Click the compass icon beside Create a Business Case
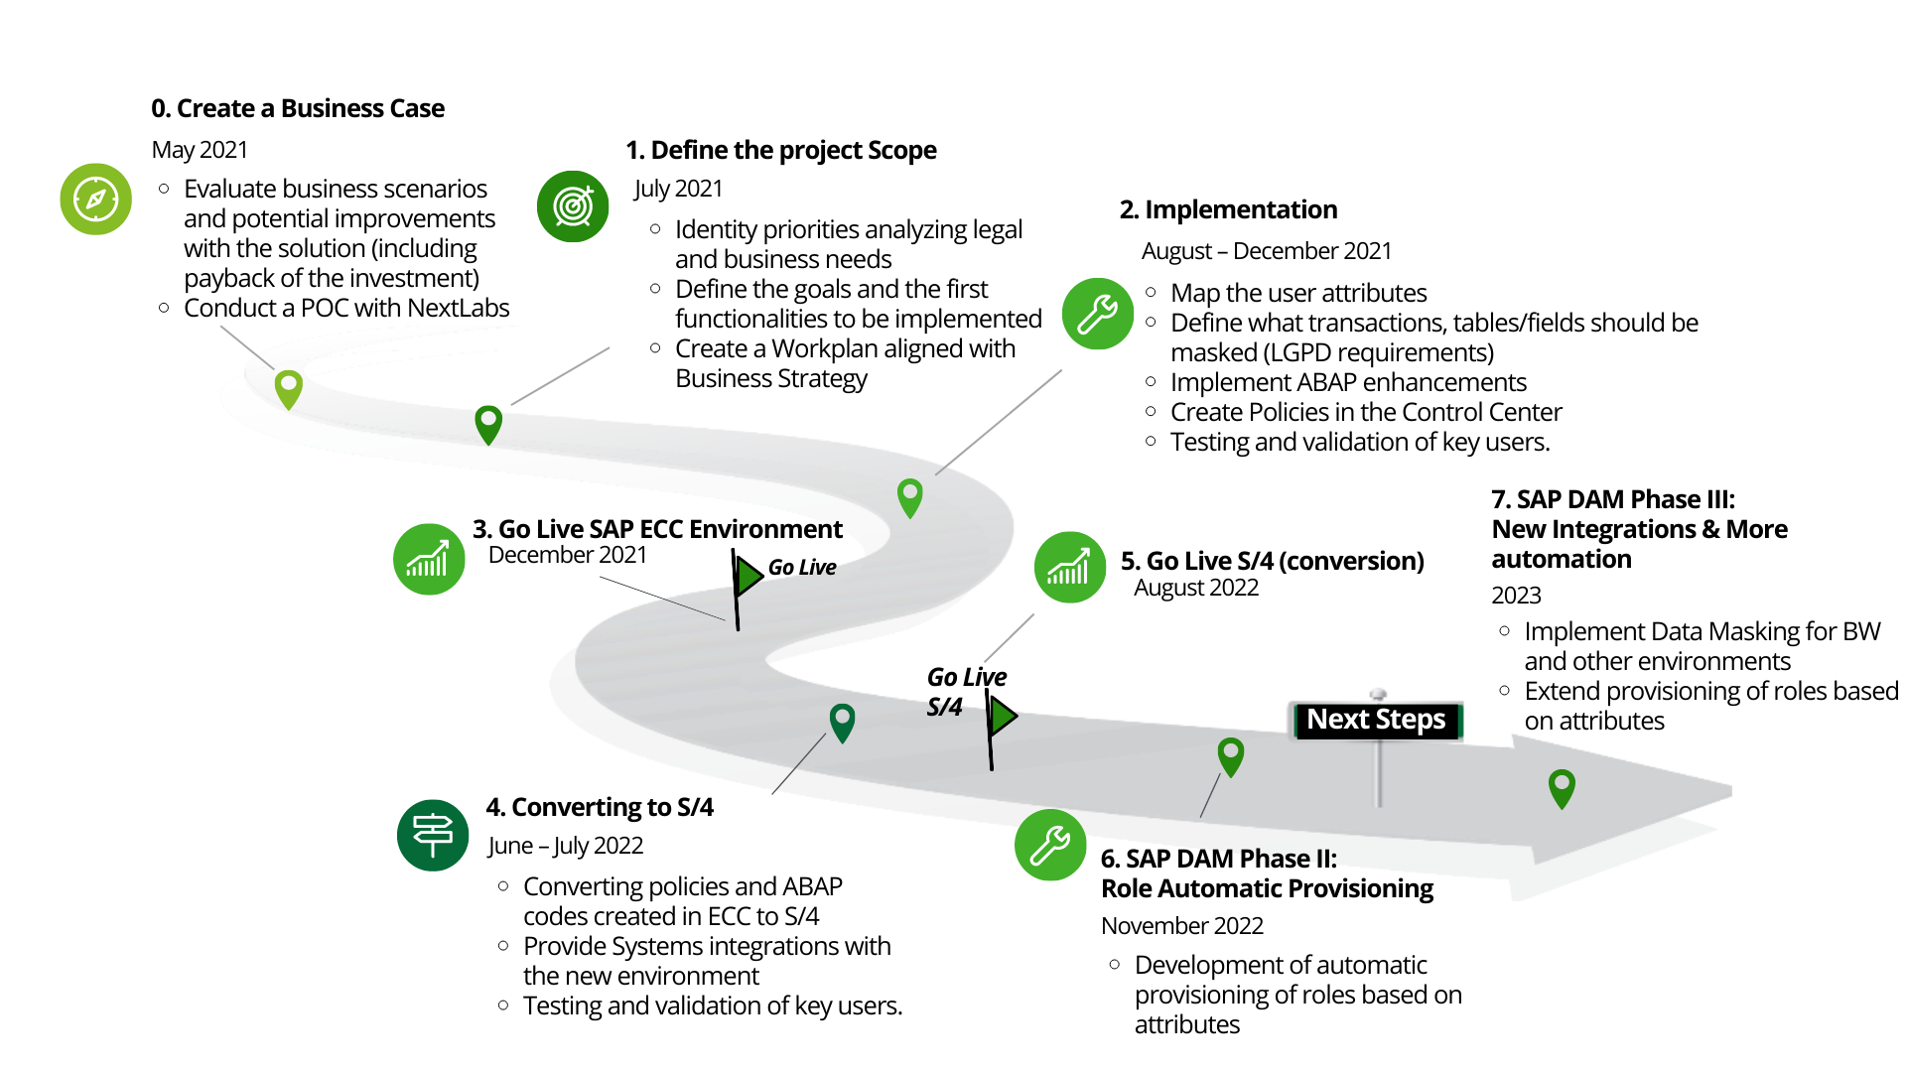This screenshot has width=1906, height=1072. coord(96,200)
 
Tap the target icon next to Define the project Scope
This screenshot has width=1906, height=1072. coord(573,206)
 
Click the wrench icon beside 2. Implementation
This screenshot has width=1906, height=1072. coord(1097,314)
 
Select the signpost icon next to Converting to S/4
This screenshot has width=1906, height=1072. coord(433,835)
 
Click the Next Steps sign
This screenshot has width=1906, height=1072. coord(1376,720)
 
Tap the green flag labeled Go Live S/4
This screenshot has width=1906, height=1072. coord(1003,716)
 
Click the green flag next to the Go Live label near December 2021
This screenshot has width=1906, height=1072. coord(749,577)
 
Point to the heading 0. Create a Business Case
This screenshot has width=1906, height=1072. coord(298,108)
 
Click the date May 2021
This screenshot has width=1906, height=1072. coord(200,150)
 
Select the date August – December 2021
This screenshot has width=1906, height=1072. coord(1266,251)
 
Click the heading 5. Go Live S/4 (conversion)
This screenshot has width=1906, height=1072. coord(1272,561)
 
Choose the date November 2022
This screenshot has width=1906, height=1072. coord(1181,926)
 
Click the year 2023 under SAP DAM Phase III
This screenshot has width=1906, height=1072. coord(1516,596)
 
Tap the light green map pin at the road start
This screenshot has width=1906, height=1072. coord(288,388)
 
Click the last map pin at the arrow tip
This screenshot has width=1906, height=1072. coord(1562,787)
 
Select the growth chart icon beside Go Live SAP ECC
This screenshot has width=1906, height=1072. coord(429,560)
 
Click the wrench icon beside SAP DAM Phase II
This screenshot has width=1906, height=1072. coord(1050,846)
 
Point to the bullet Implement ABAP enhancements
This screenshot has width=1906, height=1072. coord(1347,383)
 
